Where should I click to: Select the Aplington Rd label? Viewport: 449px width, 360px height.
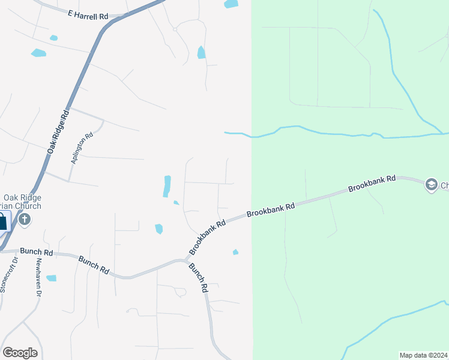83,148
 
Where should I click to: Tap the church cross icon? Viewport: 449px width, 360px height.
25,220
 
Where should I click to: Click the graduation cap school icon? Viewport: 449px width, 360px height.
431,185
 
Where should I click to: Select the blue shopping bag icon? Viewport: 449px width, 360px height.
3,221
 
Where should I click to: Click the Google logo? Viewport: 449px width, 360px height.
20,353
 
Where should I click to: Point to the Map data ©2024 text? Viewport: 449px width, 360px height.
423,355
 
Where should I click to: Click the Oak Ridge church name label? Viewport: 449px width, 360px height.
22,202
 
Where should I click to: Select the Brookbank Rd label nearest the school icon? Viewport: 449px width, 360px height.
372,184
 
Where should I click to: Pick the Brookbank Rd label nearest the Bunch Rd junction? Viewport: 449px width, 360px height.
207,236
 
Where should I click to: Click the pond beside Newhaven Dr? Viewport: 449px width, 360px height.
51,278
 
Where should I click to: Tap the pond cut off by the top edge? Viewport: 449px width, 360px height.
231,4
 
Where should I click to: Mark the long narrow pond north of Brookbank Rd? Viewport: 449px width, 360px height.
167,186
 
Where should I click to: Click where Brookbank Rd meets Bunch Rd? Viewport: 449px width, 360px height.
185,260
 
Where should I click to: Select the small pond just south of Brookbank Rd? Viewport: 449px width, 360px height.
235,252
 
